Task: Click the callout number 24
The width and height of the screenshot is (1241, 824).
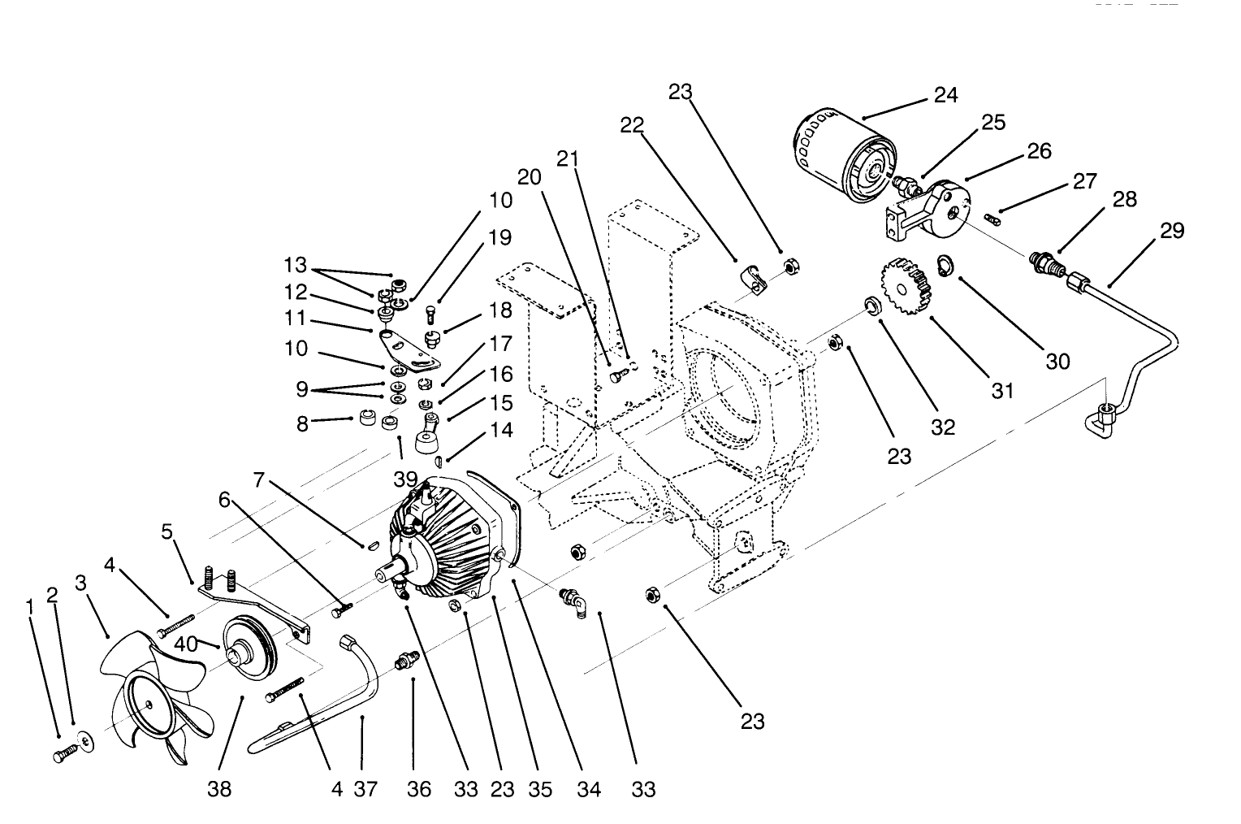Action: (945, 95)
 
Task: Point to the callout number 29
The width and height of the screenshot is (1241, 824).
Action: (1171, 231)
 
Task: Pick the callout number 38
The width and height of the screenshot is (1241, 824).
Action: (219, 788)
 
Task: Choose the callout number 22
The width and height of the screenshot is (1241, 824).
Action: (632, 125)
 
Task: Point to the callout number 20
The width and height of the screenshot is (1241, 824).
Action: (529, 178)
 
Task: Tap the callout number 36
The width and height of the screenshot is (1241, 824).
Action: (419, 788)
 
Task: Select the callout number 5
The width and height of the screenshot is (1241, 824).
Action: (167, 532)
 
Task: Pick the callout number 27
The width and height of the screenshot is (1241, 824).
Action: (1084, 181)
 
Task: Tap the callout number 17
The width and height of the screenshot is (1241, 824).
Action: (500, 345)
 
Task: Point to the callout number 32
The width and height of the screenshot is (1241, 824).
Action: (943, 427)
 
